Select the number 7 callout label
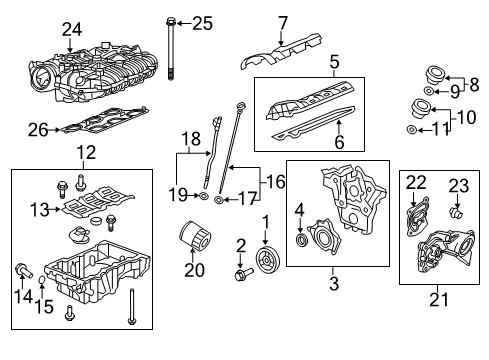click(x=283, y=21)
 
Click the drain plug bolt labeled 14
click(x=23, y=267)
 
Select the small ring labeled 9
click(x=427, y=92)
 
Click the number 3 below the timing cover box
click(x=334, y=282)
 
